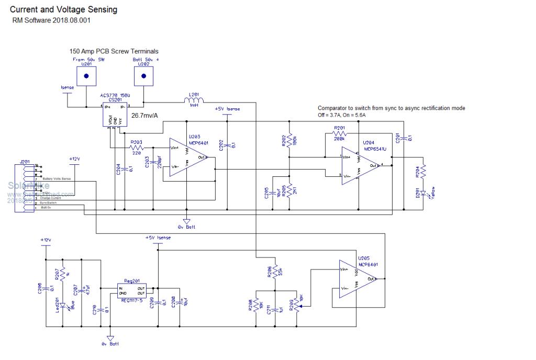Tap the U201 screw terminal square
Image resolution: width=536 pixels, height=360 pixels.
point(85,76)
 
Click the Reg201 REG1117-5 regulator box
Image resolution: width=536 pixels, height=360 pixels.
point(131,292)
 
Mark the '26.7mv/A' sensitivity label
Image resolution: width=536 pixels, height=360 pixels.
point(144,115)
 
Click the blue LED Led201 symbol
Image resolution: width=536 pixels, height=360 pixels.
point(63,304)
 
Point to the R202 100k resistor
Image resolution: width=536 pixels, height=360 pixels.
point(289,140)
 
